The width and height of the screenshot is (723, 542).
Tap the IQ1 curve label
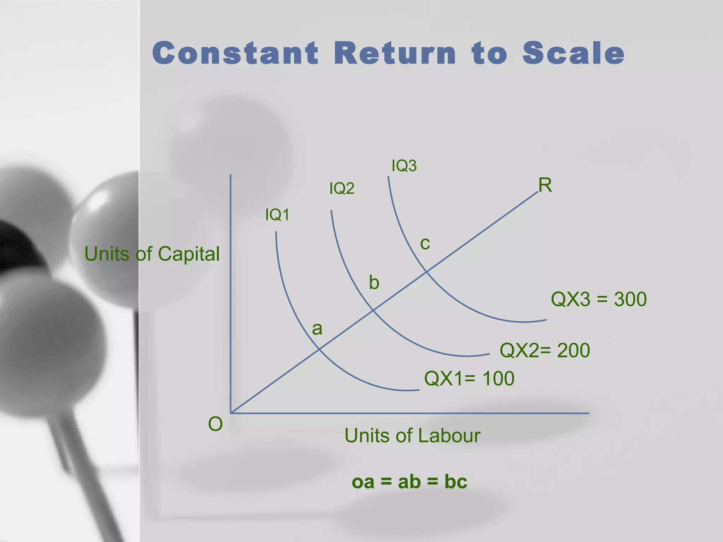coord(277,215)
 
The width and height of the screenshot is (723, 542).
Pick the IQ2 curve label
coord(341,188)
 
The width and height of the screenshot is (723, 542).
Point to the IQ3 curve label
coord(404,166)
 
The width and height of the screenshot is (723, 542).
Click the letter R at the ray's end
coord(545,185)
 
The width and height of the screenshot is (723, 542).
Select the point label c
coord(425,243)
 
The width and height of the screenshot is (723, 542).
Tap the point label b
coord(374,283)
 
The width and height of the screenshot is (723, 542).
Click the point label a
coord(317,329)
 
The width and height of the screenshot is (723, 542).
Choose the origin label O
coord(215,424)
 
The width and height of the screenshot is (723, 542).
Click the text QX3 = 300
coord(599,299)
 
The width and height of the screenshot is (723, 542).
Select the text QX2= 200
coord(545,350)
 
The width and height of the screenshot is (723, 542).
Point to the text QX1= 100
coord(469,379)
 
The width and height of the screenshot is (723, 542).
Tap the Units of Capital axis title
coord(152,254)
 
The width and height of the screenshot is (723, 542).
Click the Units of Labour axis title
coord(412,435)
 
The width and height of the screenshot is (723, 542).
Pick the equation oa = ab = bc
coord(410,481)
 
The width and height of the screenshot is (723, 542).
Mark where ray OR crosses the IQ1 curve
coord(319,349)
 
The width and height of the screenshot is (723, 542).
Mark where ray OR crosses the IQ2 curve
coord(373,310)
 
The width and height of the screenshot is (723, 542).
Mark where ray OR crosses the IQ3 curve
coord(426,271)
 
